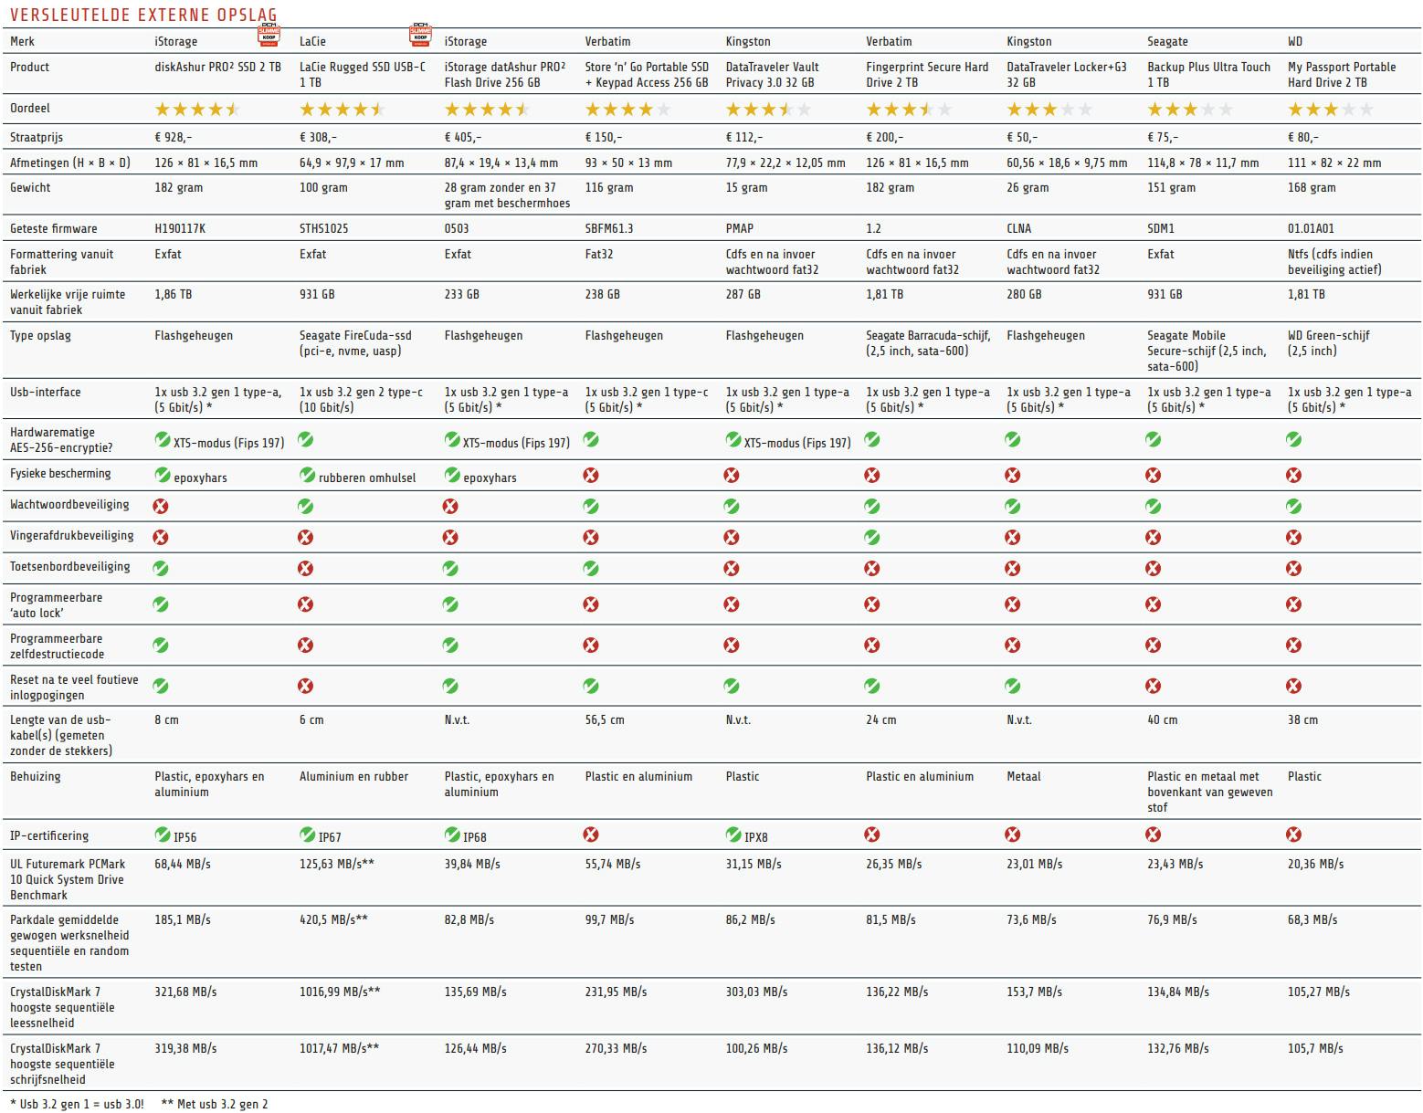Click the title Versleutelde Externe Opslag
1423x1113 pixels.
[143, 15]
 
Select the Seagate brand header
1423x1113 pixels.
[1167, 41]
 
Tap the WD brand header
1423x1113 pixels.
[1295, 41]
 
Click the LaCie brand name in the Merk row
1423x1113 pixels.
[312, 41]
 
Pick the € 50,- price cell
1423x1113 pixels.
[1022, 137]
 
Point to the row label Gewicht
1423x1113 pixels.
[30, 187]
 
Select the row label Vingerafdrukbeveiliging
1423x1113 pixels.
[71, 535]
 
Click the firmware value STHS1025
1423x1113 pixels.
[323, 228]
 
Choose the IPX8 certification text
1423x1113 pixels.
[755, 835]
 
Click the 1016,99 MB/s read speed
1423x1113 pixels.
[340, 992]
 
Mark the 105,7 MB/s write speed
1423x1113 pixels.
[1315, 1048]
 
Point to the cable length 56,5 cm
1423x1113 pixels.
[605, 719]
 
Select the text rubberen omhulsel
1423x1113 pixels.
[367, 478]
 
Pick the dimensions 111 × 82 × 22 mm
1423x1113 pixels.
[1334, 163]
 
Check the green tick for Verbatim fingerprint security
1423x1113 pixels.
[872, 537]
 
